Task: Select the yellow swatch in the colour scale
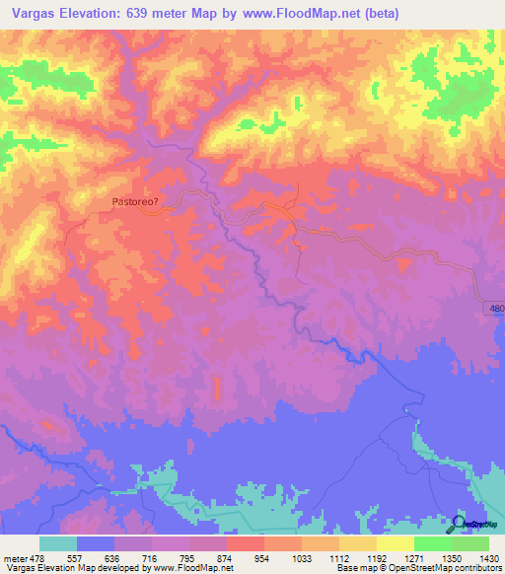click(x=395, y=543)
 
